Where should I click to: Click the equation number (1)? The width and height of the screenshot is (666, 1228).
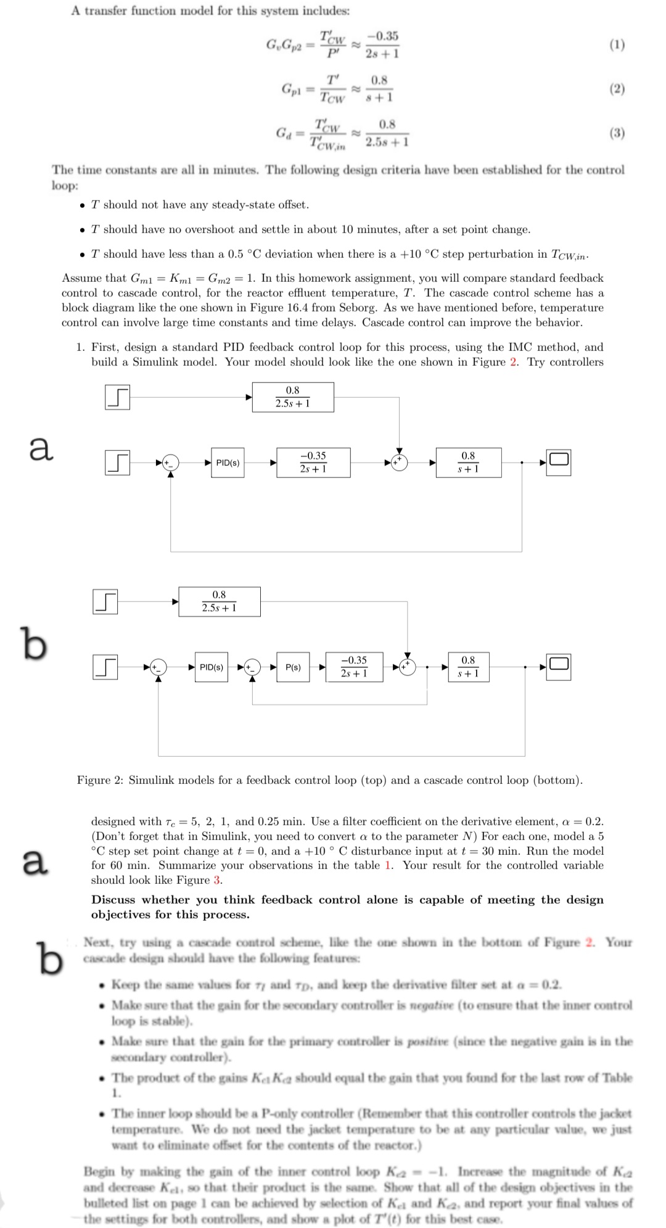pyautogui.click(x=616, y=45)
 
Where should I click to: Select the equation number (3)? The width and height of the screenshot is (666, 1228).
pyautogui.click(x=616, y=133)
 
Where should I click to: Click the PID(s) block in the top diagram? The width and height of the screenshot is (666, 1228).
pyautogui.click(x=228, y=463)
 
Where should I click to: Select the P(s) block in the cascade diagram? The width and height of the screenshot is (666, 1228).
pyautogui.click(x=293, y=667)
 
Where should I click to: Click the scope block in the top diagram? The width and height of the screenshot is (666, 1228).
pyautogui.click(x=559, y=459)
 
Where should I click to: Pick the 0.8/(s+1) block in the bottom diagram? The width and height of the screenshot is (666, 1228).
pyautogui.click(x=468, y=667)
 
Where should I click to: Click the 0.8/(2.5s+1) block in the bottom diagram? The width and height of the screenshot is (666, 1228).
pyautogui.click(x=219, y=601)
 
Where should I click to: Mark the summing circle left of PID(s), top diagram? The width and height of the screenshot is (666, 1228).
pyautogui.click(x=171, y=462)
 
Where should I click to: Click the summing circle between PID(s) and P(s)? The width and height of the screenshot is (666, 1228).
pyautogui.click(x=252, y=667)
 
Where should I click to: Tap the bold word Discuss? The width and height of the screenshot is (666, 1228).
pyautogui.click(x=113, y=900)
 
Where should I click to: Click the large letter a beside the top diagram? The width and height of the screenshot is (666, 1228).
pyautogui.click(x=41, y=448)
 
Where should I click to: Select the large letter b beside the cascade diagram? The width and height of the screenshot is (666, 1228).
pyautogui.click(x=34, y=643)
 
